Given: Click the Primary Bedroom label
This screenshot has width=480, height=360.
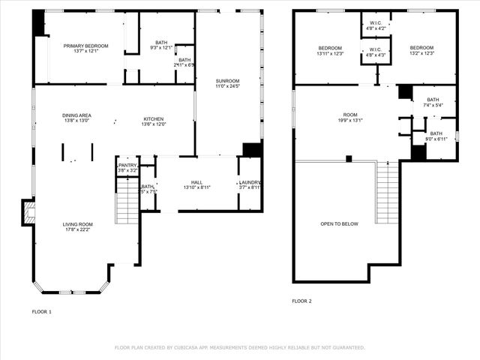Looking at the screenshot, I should coord(85,46).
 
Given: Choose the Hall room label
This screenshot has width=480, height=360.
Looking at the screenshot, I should coord(196,182).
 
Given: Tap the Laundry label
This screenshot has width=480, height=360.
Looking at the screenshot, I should coord(250,182).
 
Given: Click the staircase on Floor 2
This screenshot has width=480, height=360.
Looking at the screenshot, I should coord(387,187).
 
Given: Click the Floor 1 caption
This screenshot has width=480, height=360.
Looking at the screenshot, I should coord(42,310).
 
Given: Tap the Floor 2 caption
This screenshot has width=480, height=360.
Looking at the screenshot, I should coord(301,301).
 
